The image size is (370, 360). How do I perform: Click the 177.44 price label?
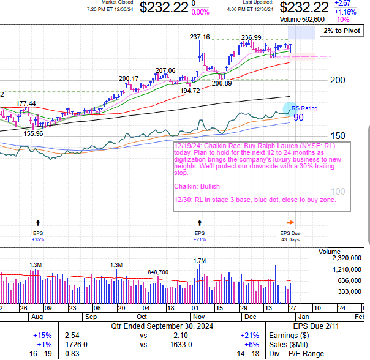26,103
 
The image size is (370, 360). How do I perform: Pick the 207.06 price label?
165,70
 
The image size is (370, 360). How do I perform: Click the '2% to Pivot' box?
342,30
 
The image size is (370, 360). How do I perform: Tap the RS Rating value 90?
298,117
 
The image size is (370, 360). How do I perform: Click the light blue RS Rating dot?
289,108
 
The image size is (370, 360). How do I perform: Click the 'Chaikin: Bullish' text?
197,186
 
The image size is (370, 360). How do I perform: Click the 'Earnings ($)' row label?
289,336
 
